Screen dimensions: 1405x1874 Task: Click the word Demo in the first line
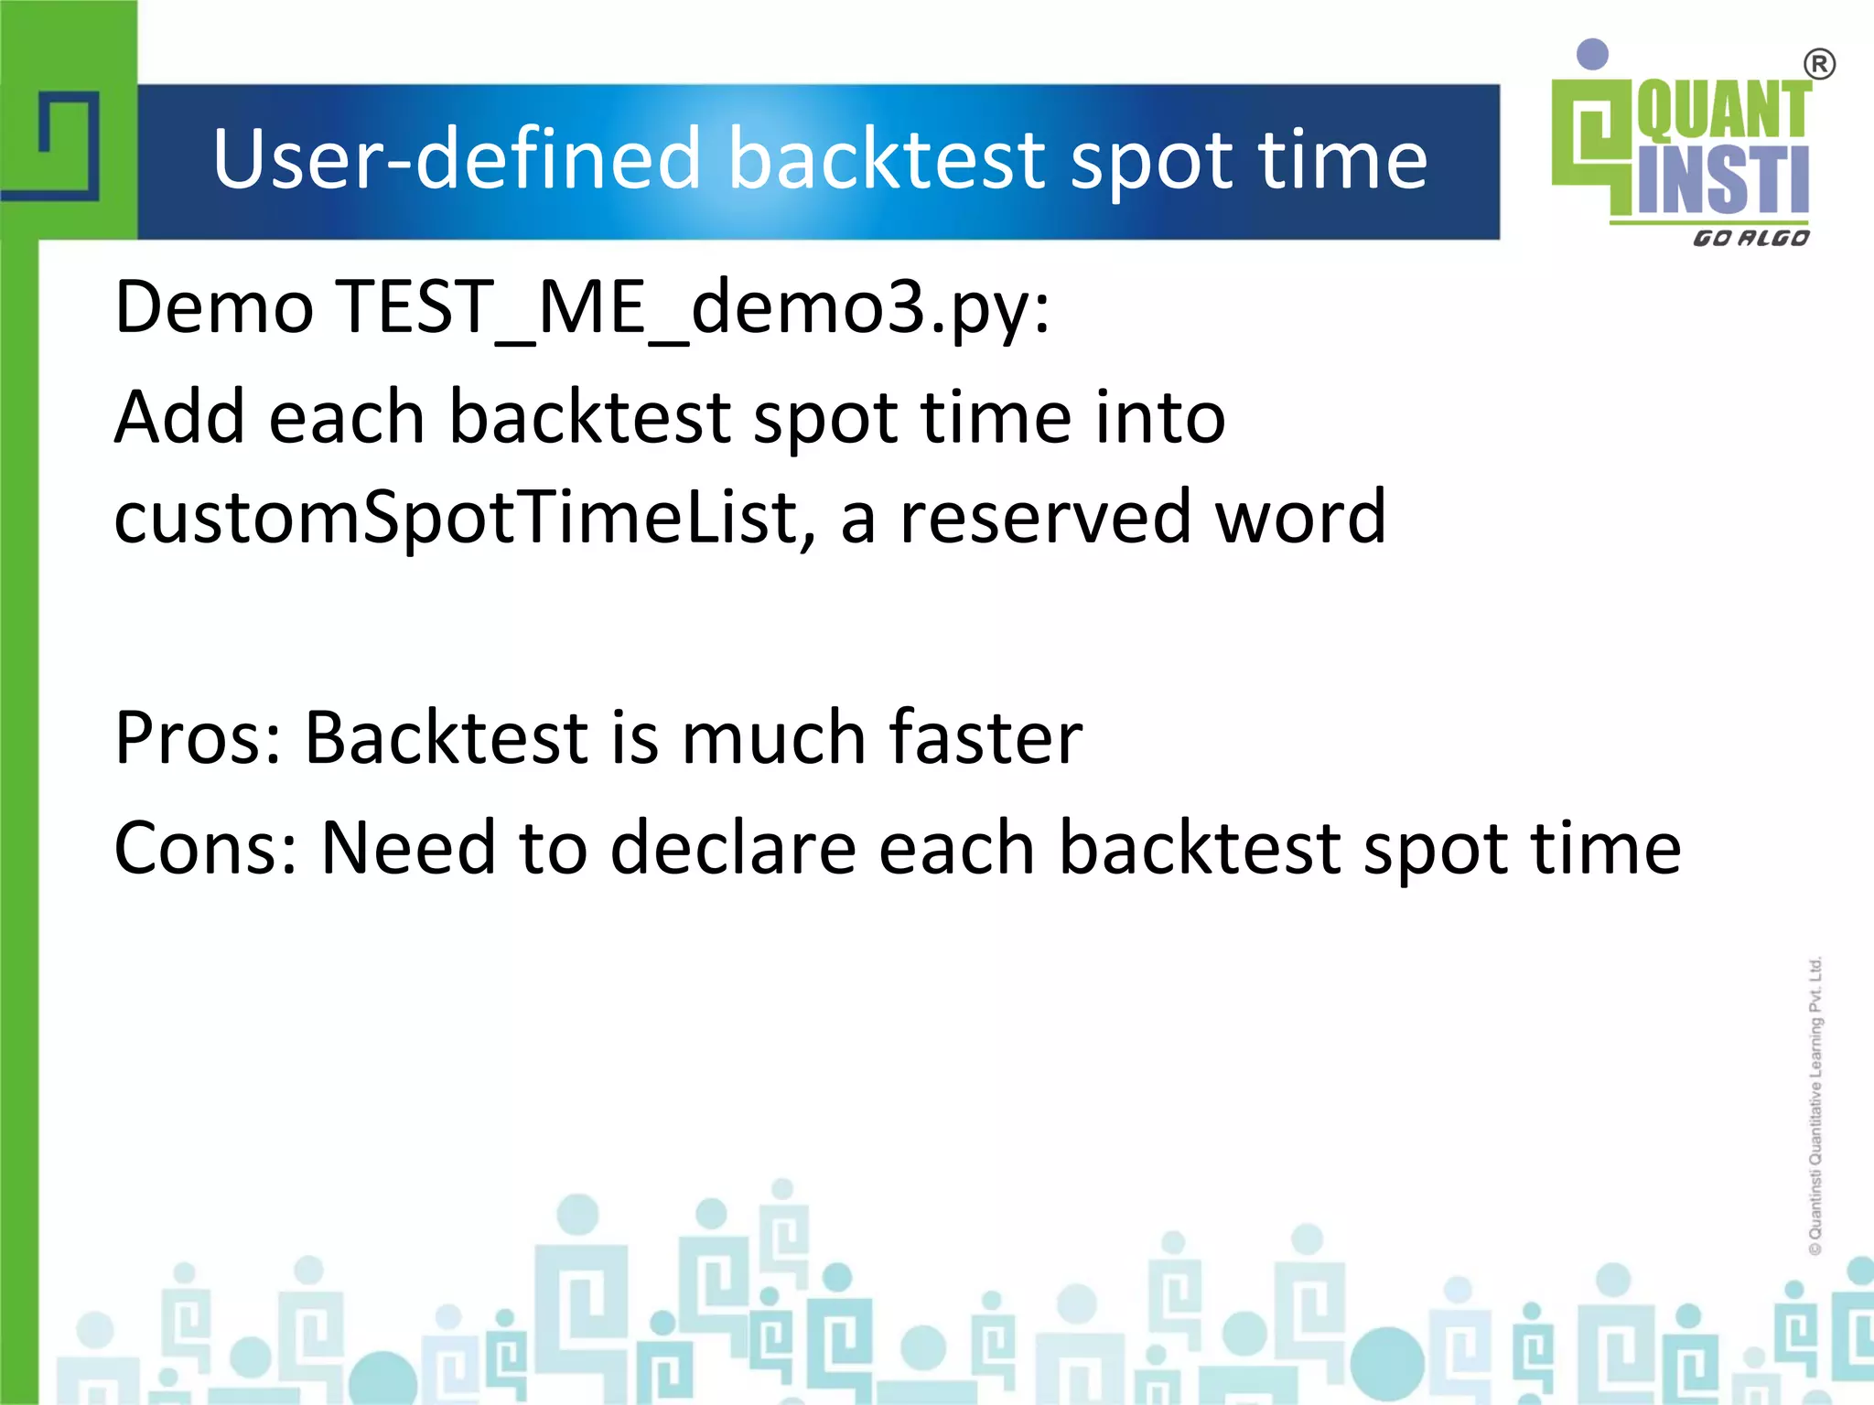(x=214, y=308)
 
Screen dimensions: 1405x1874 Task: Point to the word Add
(x=179, y=418)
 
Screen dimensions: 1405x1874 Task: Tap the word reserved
(x=1045, y=518)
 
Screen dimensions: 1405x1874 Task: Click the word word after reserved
(x=1299, y=518)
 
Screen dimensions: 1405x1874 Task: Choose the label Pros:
(x=198, y=738)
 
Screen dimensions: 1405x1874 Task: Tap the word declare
(x=733, y=849)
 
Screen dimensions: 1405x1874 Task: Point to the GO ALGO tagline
(x=1750, y=239)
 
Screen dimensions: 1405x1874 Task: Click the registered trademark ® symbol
(x=1819, y=65)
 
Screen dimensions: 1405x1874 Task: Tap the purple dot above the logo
(x=1593, y=54)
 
